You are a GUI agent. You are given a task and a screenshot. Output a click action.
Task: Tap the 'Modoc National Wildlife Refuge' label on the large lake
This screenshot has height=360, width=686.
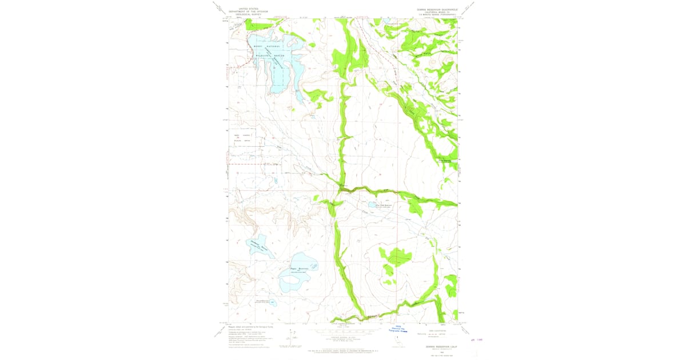268,51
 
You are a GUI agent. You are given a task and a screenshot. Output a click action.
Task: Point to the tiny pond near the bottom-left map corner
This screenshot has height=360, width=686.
273,302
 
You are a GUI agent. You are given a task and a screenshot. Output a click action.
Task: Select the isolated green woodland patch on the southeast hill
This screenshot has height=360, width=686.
394,257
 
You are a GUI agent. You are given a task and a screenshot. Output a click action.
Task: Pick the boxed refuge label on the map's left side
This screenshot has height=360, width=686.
242,138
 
